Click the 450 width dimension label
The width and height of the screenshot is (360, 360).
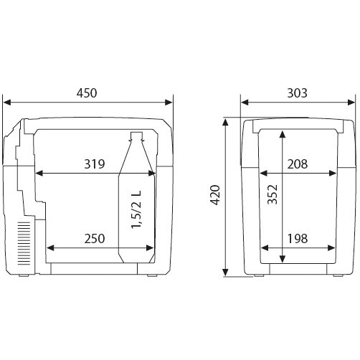pyautogui.click(x=87, y=93)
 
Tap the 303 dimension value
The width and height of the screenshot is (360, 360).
pyautogui.click(x=297, y=93)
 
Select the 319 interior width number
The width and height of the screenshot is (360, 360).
pyautogui.click(x=95, y=164)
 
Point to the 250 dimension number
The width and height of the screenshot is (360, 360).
pyautogui.click(x=95, y=239)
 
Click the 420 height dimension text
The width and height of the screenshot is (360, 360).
pyautogui.click(x=215, y=195)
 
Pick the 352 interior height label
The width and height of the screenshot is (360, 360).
pyautogui.click(x=273, y=194)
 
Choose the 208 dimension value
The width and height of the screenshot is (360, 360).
pyautogui.click(x=298, y=164)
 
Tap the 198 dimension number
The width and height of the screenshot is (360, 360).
pyautogui.click(x=298, y=239)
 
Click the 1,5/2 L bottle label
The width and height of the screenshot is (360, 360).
pyautogui.click(x=136, y=209)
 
